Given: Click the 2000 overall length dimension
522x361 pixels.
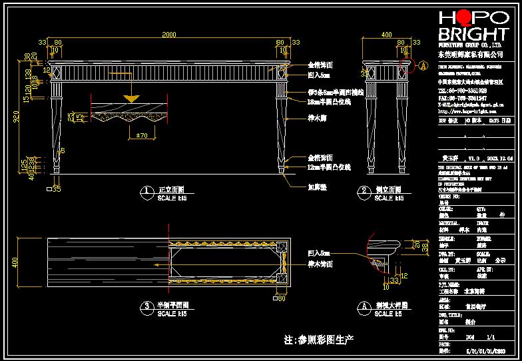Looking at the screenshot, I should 168,35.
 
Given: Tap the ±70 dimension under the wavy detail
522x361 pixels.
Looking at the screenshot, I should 140,135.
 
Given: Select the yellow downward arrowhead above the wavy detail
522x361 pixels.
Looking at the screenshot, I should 132,98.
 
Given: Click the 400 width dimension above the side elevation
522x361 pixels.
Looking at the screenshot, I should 386,35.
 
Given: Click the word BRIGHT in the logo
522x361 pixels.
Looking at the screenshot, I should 473,35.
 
